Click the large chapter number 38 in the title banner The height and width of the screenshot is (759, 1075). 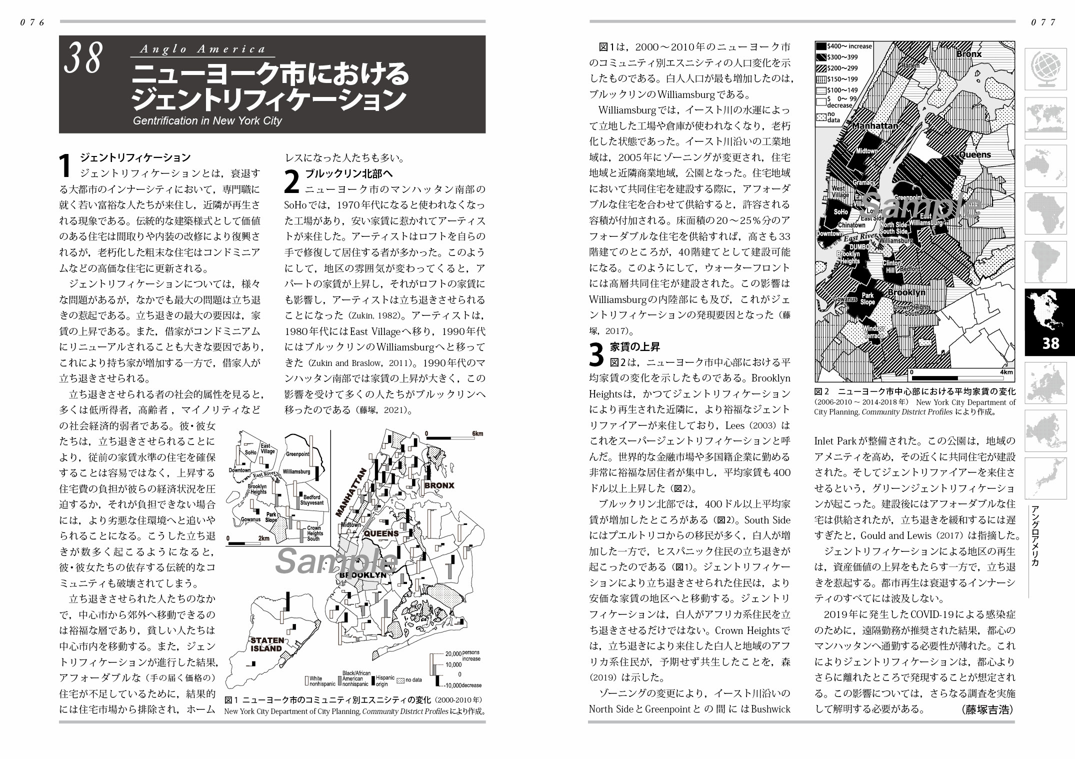(x=83, y=59)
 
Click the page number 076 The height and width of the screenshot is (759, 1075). (x=32, y=22)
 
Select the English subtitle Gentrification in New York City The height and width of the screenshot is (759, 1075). (x=207, y=121)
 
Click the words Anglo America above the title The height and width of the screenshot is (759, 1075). (x=202, y=49)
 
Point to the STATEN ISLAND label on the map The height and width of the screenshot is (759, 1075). (x=267, y=644)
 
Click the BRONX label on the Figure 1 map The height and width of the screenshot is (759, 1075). (x=439, y=485)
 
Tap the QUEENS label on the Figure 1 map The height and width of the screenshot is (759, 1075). (x=381, y=533)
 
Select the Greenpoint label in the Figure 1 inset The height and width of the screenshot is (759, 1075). (x=297, y=454)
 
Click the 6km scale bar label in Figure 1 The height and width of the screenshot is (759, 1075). (x=477, y=433)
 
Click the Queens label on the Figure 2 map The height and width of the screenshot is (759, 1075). (x=974, y=155)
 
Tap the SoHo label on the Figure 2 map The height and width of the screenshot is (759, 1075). (x=840, y=212)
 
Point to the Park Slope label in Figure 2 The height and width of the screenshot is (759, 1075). (x=867, y=299)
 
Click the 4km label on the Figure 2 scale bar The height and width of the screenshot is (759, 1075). (x=1006, y=372)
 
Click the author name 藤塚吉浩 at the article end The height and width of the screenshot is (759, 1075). (x=986, y=710)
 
